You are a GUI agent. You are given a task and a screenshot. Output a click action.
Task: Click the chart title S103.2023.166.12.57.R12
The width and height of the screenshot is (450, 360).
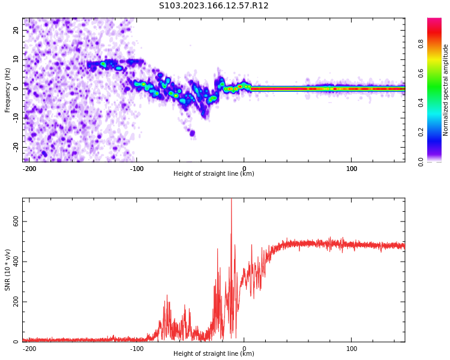pyautogui.click(x=214, y=6)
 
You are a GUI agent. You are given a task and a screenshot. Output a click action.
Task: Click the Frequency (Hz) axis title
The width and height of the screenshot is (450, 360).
pyautogui.click(x=8, y=90)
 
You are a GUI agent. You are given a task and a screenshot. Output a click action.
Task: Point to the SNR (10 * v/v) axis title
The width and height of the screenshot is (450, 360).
pyautogui.click(x=8, y=270)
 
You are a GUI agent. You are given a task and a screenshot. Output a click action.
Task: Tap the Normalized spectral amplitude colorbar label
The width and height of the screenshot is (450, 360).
pyautogui.click(x=446, y=90)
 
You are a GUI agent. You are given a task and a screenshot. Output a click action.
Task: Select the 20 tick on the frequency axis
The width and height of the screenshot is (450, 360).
pyautogui.click(x=16, y=30)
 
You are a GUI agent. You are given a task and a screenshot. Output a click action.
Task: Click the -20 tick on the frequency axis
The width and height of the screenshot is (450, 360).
pyautogui.click(x=16, y=146)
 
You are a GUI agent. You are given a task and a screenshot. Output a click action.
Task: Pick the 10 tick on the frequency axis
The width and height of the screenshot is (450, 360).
pyautogui.click(x=16, y=59)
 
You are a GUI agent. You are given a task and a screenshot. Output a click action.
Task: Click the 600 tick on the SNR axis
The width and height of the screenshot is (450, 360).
pyautogui.click(x=13, y=221)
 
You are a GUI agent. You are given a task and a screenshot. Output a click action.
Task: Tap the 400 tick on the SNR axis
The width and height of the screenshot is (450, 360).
pyautogui.click(x=13, y=261)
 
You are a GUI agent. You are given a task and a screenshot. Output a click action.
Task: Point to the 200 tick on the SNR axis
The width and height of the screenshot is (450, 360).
pyautogui.click(x=13, y=302)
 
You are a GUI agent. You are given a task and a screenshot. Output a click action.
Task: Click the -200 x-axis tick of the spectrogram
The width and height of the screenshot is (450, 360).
pyautogui.click(x=29, y=169)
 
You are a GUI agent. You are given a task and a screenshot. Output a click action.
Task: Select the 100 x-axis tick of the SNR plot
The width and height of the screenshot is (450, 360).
pyautogui.click(x=352, y=348)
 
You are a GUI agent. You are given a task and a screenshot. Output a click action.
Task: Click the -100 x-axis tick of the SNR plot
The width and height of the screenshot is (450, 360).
pyautogui.click(x=137, y=348)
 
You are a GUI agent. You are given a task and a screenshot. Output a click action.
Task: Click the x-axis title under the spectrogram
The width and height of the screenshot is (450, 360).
pyautogui.click(x=214, y=174)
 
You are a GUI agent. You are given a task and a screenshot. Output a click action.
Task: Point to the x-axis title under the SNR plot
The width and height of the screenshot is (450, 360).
pyautogui.click(x=214, y=354)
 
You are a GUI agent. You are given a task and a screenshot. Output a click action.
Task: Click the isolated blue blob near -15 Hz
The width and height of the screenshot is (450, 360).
pyautogui.click(x=192, y=133)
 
